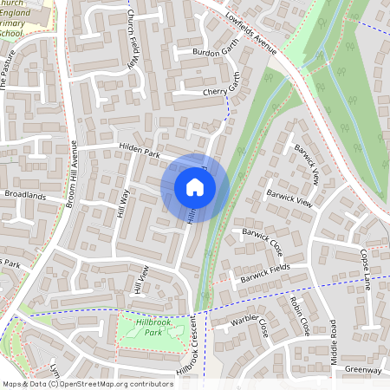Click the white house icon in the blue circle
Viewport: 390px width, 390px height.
click(x=194, y=187)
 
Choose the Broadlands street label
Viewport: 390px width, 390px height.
click(x=25, y=196)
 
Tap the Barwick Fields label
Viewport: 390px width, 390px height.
click(x=265, y=275)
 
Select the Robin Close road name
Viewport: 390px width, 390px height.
click(x=300, y=317)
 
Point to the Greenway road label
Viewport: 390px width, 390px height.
click(x=362, y=370)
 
